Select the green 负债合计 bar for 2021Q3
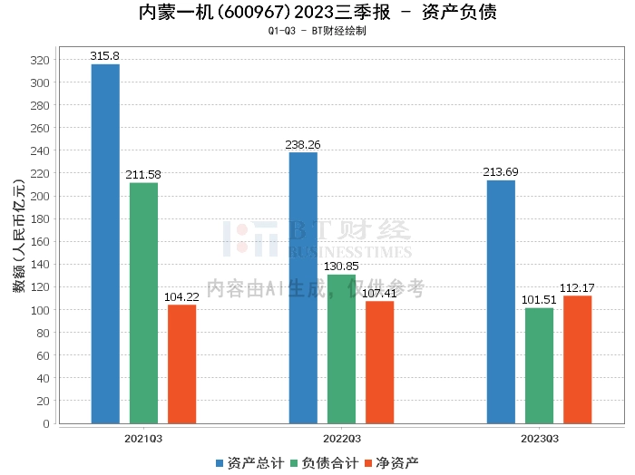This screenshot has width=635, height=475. pyautogui.click(x=143, y=303)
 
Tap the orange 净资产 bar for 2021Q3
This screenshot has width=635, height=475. pyautogui.click(x=181, y=364)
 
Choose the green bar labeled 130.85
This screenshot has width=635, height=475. pyautogui.click(x=341, y=348)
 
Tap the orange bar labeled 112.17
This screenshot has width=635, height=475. pyautogui.click(x=577, y=359)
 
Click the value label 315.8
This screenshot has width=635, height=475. pyautogui.click(x=105, y=56)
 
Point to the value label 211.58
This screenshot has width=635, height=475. pyautogui.click(x=143, y=175)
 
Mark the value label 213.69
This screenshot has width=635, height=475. pyautogui.click(x=501, y=172)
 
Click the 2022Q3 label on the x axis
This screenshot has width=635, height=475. pyautogui.click(x=341, y=439)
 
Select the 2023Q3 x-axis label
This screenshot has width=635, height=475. pyautogui.click(x=539, y=439)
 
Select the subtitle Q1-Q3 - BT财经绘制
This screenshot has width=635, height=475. pyautogui.click(x=317, y=31)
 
